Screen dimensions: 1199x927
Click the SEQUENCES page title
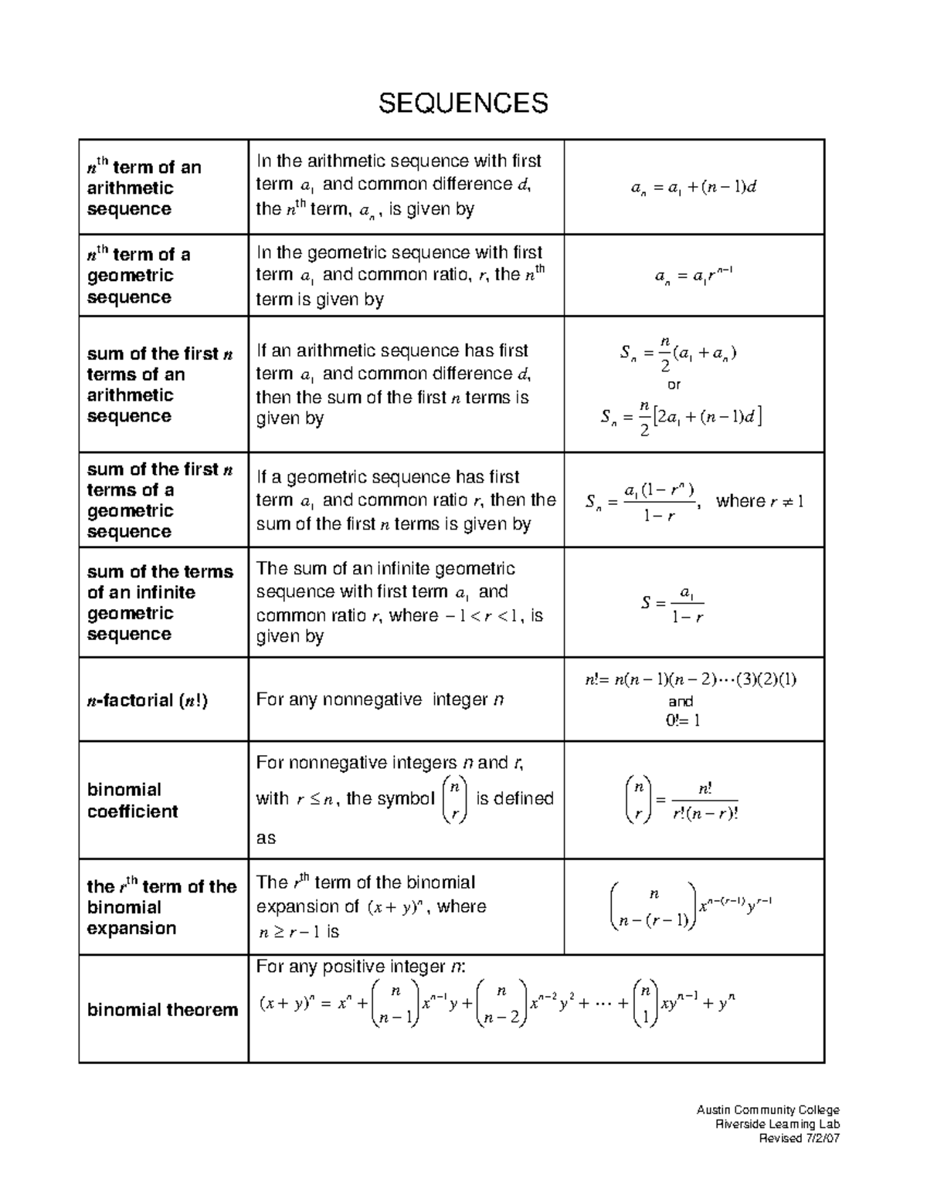(463, 102)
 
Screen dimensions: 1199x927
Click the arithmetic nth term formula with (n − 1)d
(693, 187)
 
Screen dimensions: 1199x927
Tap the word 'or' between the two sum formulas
(674, 384)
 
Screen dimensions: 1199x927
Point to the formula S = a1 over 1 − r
(673, 604)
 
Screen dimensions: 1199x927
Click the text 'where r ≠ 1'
(759, 501)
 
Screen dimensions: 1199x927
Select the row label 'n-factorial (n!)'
(147, 700)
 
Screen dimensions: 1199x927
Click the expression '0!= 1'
(682, 720)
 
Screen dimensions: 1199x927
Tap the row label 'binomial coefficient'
(132, 801)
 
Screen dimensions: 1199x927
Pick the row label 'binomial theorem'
(162, 1010)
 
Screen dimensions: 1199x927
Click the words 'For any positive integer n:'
(361, 967)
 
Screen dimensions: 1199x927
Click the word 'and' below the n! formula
(681, 701)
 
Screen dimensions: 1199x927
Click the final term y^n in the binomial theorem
(726, 1003)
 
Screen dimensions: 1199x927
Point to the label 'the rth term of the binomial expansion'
(161, 907)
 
